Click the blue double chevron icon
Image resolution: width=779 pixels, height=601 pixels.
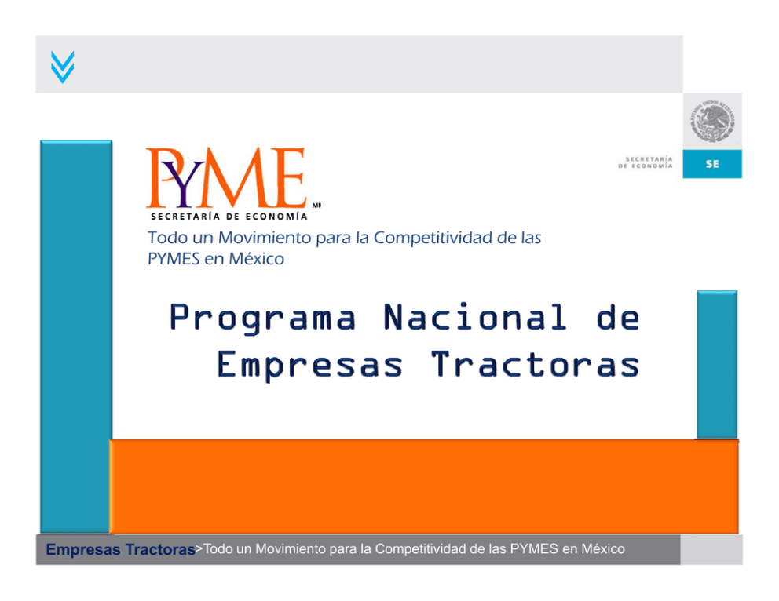click(63, 67)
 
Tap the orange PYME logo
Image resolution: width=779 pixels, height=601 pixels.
click(226, 177)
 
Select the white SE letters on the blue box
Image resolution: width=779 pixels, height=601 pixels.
click(712, 164)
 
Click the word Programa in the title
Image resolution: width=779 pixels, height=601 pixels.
click(263, 318)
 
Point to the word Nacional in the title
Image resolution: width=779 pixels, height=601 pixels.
click(475, 317)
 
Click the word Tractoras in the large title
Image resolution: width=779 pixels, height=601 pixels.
click(535, 364)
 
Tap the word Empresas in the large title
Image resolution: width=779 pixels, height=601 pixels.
click(309, 366)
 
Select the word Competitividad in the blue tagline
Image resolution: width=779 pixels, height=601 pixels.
click(433, 238)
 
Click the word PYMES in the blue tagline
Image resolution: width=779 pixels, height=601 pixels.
click(174, 259)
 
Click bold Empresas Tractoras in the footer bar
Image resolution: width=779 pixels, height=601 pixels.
click(120, 549)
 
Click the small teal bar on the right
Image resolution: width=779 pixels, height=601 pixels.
click(717, 365)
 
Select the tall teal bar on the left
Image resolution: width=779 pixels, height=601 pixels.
click(76, 337)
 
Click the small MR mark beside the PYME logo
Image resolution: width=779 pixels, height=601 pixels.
click(316, 205)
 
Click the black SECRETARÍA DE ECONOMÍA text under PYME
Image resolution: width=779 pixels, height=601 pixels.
click(229, 217)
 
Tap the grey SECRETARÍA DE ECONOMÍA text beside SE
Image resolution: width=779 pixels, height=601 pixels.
click(646, 162)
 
